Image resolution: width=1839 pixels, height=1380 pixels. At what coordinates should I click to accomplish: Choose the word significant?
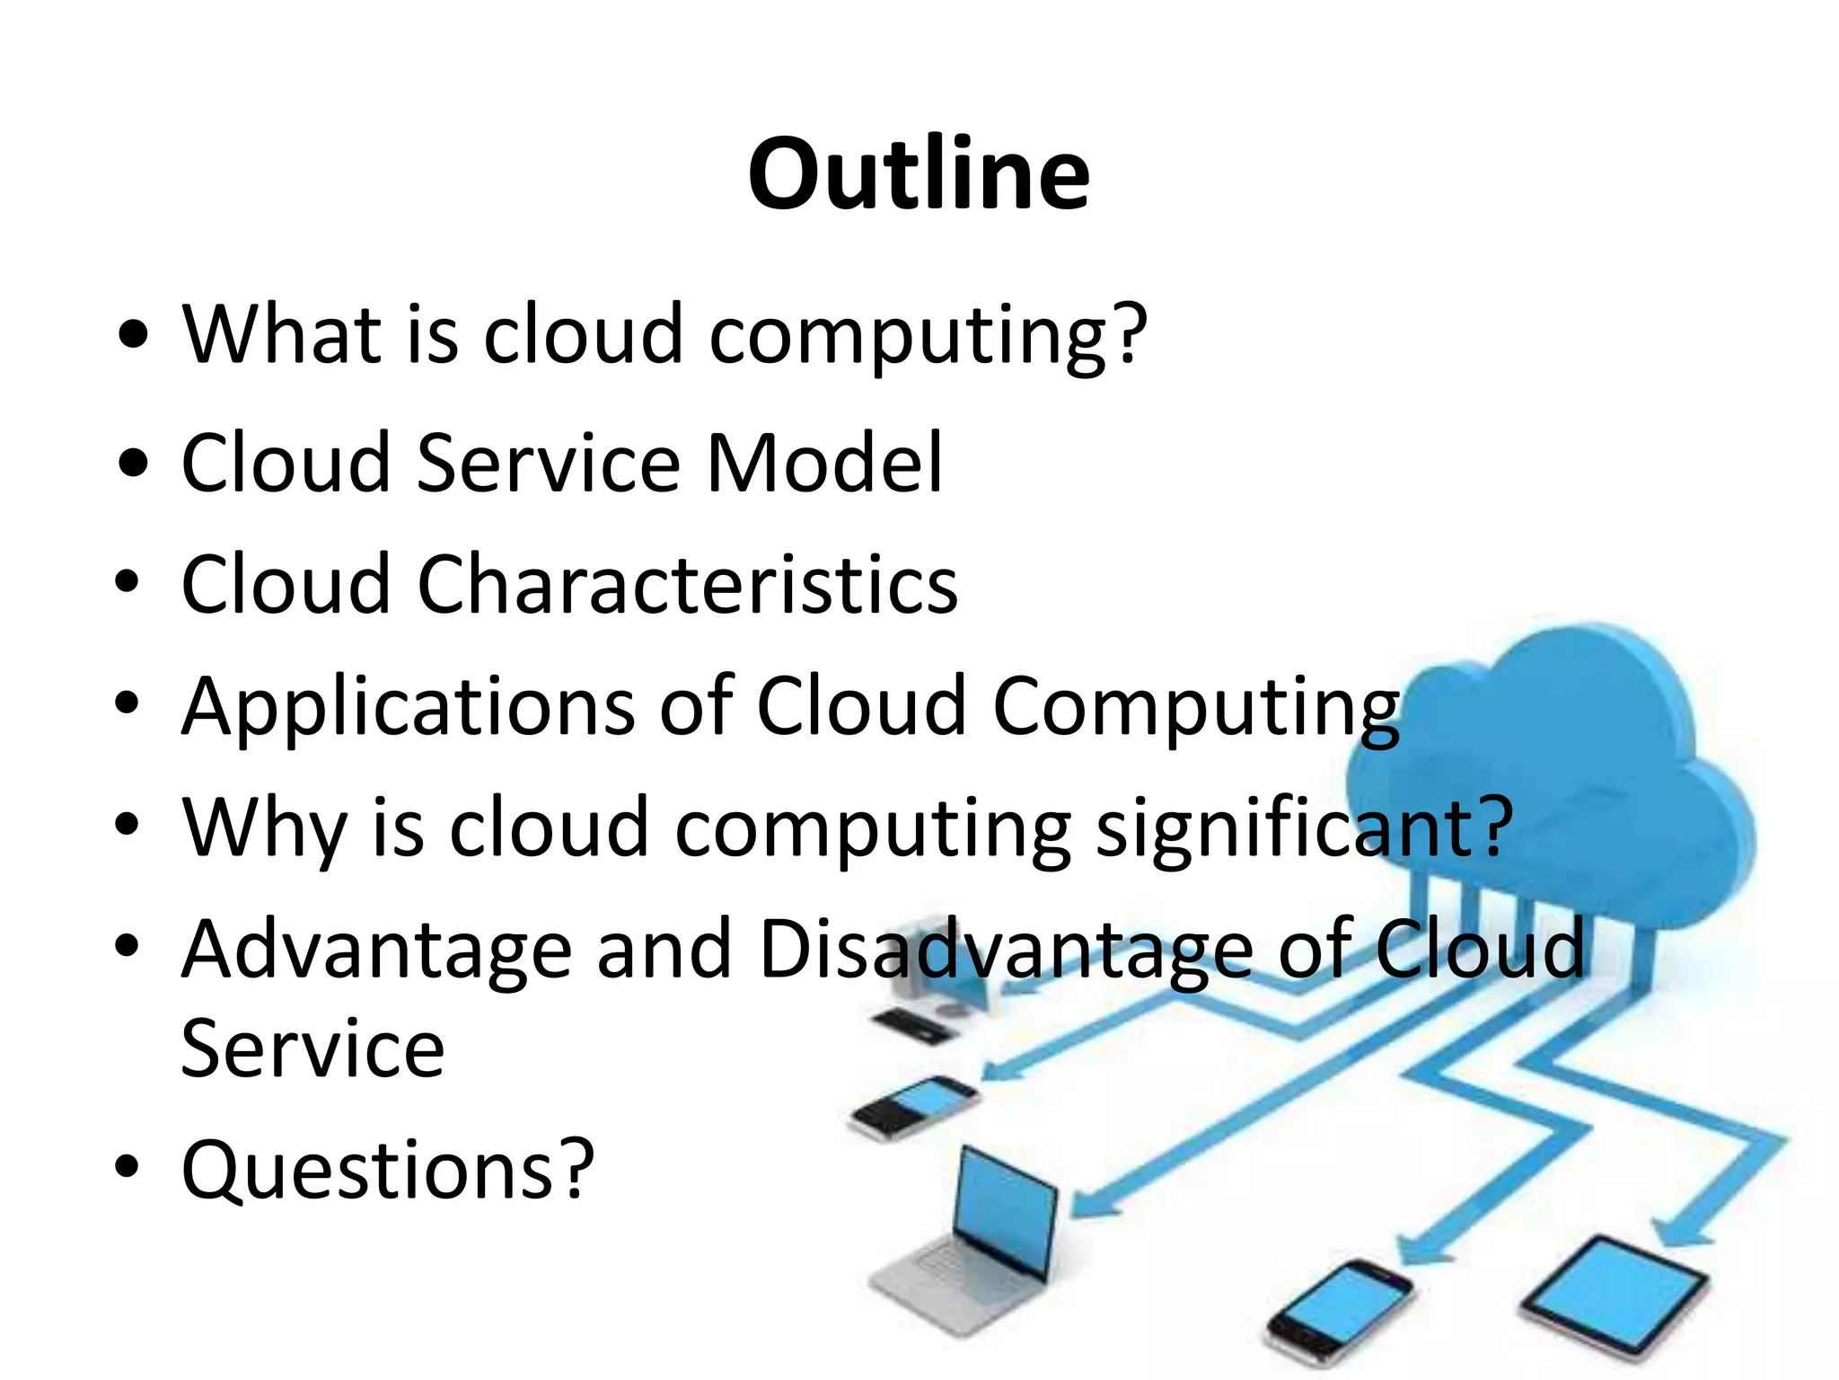coord(1304,828)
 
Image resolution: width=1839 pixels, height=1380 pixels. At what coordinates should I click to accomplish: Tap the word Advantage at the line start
coord(376,951)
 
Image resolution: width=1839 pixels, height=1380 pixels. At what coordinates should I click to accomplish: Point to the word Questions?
coord(388,1170)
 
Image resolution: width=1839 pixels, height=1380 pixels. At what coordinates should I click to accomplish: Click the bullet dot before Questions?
coord(128,1166)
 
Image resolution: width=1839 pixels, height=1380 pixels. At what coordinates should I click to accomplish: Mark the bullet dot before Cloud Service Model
coord(132,464)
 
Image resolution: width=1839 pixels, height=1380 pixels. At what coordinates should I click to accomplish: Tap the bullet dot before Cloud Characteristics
coord(128,582)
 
